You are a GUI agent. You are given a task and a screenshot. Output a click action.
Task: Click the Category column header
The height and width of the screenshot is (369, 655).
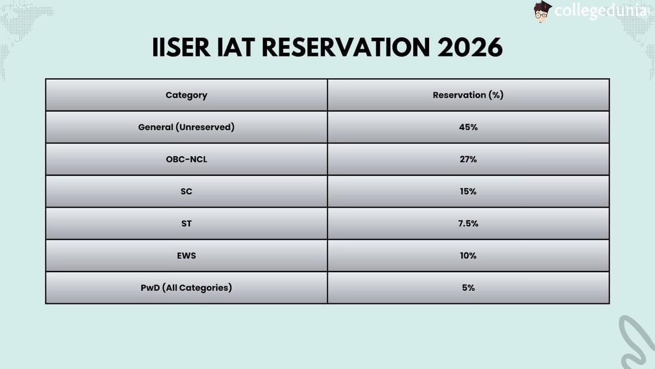tap(186, 95)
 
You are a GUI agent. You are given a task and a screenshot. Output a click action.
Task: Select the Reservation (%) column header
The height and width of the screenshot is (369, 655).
tap(468, 95)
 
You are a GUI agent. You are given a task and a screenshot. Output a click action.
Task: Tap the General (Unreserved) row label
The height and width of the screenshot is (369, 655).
tap(186, 127)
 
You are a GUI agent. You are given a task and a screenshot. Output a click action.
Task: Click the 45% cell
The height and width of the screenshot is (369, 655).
tap(468, 127)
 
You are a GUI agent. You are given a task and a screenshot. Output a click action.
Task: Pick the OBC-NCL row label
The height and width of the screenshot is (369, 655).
tap(186, 159)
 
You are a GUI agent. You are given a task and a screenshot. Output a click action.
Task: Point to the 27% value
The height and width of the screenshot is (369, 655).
tap(468, 159)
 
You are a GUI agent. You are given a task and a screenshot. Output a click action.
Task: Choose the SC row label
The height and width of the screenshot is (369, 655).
tap(186, 191)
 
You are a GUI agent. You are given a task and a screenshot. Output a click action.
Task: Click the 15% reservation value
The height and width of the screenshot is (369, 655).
tap(468, 191)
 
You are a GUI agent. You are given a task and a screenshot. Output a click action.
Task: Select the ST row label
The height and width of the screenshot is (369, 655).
tap(186, 224)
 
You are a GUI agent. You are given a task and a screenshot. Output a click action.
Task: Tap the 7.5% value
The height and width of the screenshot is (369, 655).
tap(468, 224)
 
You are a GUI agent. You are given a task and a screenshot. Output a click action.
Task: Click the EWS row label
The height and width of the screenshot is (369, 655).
tap(186, 255)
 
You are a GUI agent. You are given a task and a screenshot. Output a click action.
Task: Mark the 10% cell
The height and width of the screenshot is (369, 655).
tap(468, 255)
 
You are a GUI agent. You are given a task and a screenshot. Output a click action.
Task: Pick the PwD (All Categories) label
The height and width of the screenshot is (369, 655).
tap(186, 288)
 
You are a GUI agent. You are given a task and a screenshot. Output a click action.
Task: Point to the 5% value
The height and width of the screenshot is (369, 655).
tap(468, 288)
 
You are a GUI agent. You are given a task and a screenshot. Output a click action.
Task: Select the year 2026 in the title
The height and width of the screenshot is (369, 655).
tap(470, 48)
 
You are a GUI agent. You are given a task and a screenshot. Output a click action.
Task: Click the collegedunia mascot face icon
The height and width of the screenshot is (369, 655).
tap(543, 11)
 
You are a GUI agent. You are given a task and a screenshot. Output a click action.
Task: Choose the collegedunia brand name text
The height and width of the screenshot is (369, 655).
tap(599, 11)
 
